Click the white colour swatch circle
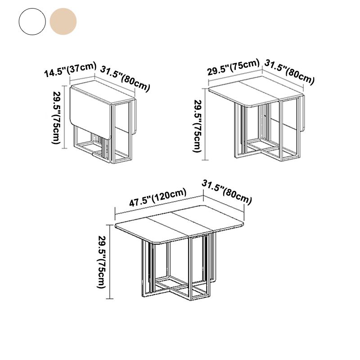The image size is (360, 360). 32,21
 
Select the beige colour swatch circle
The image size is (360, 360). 63,21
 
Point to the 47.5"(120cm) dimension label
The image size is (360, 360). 157,198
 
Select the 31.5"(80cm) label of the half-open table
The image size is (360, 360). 289,72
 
